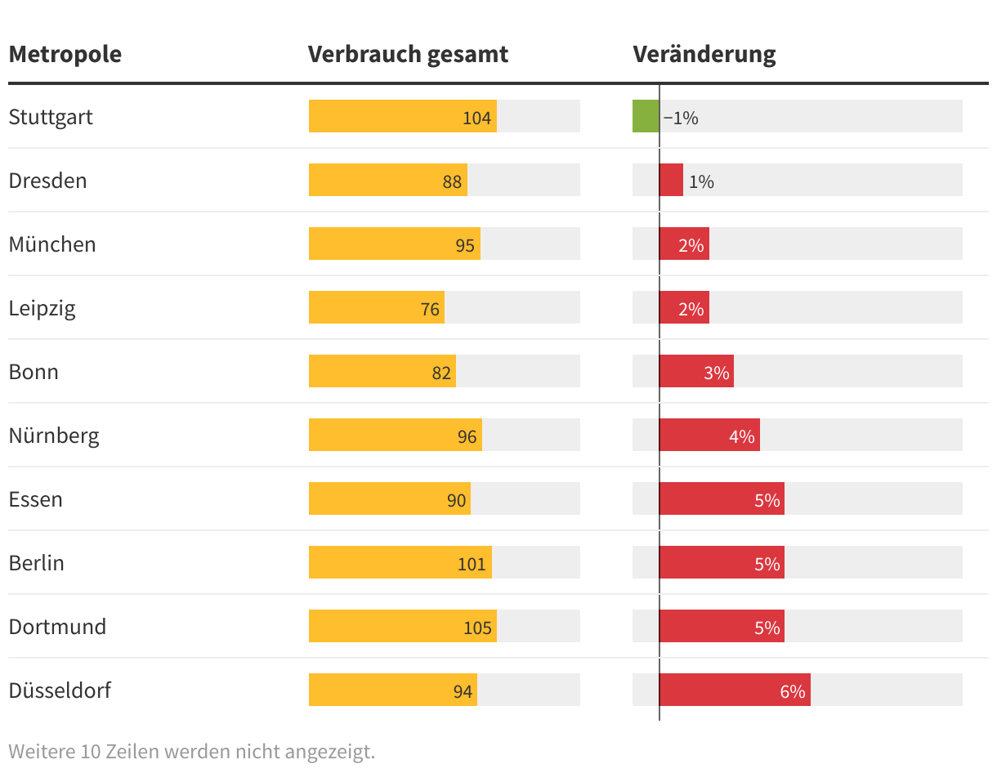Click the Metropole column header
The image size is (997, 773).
(x=65, y=55)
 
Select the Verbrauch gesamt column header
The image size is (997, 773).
(x=408, y=55)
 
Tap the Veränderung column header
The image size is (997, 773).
(x=704, y=55)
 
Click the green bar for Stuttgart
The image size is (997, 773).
(x=646, y=116)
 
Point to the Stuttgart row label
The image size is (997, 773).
(x=51, y=117)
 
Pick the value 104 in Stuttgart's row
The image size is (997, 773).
(x=476, y=118)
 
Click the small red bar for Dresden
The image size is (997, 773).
(x=671, y=180)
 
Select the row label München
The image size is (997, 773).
(x=52, y=244)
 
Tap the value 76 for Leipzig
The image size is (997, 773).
(x=430, y=309)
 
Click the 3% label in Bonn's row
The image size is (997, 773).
(x=716, y=373)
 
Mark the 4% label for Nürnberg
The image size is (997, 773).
(x=741, y=436)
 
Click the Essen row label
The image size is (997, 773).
(x=36, y=499)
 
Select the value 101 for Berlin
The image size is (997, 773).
(x=472, y=564)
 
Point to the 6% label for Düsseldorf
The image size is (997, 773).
(x=792, y=692)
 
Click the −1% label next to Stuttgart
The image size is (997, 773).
(x=681, y=118)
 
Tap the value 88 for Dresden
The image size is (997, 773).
(x=452, y=181)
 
